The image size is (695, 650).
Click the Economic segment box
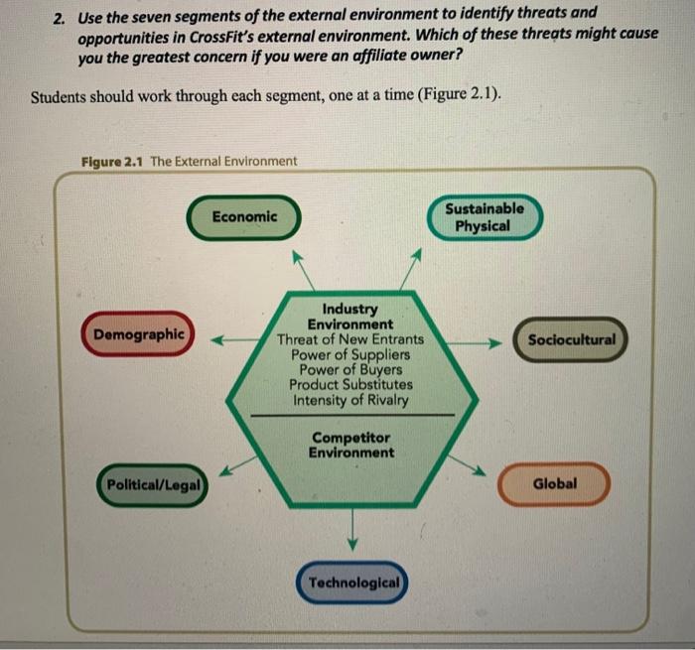244,216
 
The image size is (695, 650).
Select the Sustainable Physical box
485,217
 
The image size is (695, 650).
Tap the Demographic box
139,334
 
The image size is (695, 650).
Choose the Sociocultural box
571,339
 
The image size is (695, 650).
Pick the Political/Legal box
153,485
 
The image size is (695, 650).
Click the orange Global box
554,484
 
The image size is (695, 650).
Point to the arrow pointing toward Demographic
229,339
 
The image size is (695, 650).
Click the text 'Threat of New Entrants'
349,339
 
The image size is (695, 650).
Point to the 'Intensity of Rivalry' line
350,401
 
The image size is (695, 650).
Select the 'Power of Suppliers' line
350,354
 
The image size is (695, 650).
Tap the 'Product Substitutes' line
350,385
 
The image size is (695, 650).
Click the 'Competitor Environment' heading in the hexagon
351,445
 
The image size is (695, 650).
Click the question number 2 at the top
61,15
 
